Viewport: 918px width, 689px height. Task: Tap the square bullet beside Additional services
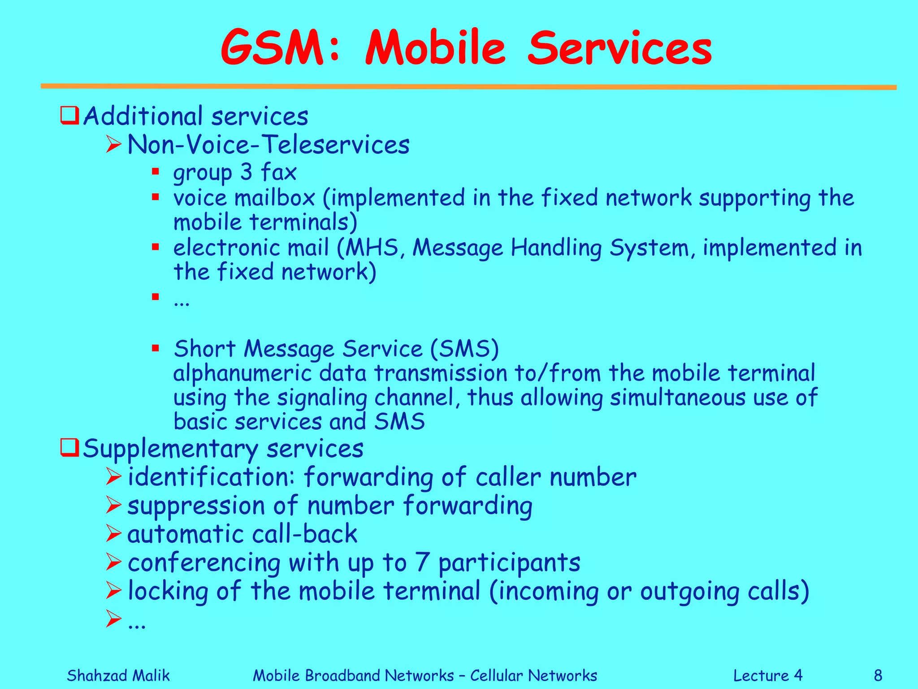pyautogui.click(x=69, y=115)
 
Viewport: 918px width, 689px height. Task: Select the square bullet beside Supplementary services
pyautogui.click(x=69, y=447)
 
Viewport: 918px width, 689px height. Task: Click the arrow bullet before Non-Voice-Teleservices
pyautogui.click(x=114, y=144)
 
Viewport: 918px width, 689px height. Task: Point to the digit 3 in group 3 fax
pyautogui.click(x=246, y=172)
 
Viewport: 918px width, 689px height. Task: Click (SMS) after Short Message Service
pyautogui.click(x=464, y=349)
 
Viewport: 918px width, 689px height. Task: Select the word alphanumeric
pyautogui.click(x=242, y=373)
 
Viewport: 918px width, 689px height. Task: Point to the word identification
pyautogui.click(x=211, y=476)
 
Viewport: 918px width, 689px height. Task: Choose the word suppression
pyautogui.click(x=196, y=506)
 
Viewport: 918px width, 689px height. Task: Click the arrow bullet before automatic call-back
pyautogui.click(x=114, y=533)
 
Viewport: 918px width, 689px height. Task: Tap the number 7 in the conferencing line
pyautogui.click(x=422, y=562)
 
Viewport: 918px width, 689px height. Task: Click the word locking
pyautogui.click(x=168, y=591)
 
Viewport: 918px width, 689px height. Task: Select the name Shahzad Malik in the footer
pyautogui.click(x=118, y=675)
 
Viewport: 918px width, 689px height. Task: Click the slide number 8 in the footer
pyautogui.click(x=878, y=675)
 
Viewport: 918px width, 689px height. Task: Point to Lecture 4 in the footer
pyautogui.click(x=767, y=675)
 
